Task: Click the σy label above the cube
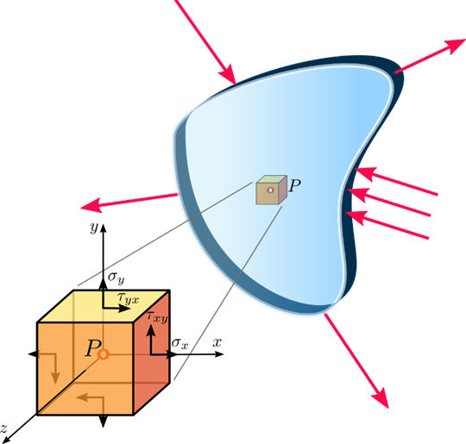pos(116,278)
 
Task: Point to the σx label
pos(179,344)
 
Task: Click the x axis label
pos(217,343)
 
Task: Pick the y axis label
pos(94,228)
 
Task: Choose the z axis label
pos(3,428)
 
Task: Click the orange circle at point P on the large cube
pos(104,354)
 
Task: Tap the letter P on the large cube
pos(92,348)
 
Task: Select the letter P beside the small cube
pos(294,186)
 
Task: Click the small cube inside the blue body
pos(271,190)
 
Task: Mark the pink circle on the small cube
pos(270,190)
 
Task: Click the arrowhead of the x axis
pos(219,354)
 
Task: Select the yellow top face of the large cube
pos(104,306)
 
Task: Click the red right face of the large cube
pos(152,352)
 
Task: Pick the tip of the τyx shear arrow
pos(129,309)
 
